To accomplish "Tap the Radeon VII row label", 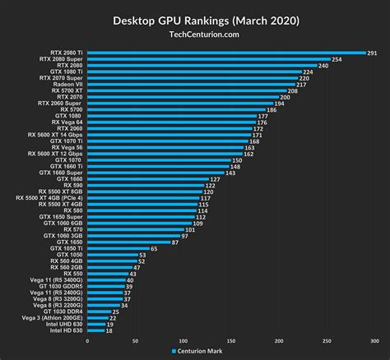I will tap(65, 84).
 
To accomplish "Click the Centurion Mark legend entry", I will tap(198, 351).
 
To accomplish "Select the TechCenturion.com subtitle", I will tap(195, 35).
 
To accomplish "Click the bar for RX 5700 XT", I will tap(186, 90).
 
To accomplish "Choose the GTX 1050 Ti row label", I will tap(65, 248).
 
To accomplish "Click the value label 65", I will tap(155, 248).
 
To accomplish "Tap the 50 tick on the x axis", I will tap(134, 339).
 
